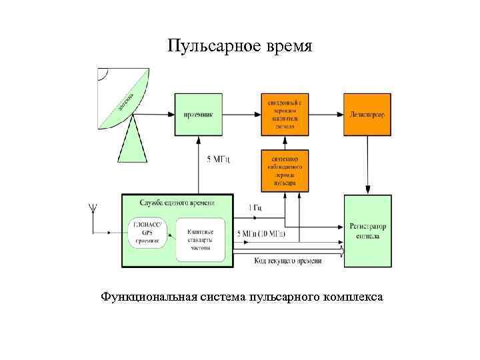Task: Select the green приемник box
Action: click(x=198, y=115)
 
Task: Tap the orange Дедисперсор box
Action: click(x=367, y=115)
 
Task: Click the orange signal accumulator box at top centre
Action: click(x=285, y=115)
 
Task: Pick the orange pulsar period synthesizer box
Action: click(x=285, y=169)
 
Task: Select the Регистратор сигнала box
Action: click(x=367, y=231)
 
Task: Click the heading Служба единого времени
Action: click(x=177, y=203)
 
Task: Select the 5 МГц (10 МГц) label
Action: click(x=261, y=234)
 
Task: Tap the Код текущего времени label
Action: click(x=288, y=261)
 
